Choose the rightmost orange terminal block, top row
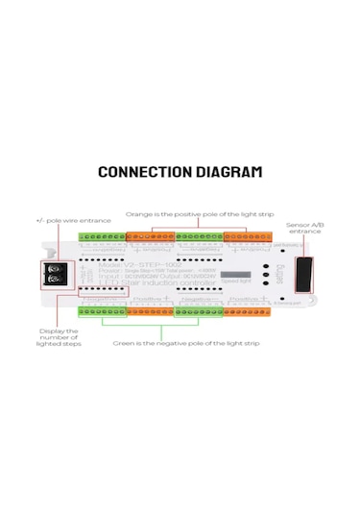pyautogui.click(x=248, y=235)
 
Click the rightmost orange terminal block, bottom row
pyautogui.click(x=248, y=309)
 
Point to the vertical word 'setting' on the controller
pyautogui.click(x=278, y=274)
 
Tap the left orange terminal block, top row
pyautogui.click(x=151, y=235)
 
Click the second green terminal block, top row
pyautogui.click(x=199, y=235)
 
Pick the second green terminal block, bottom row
pyautogui.click(x=199, y=309)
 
